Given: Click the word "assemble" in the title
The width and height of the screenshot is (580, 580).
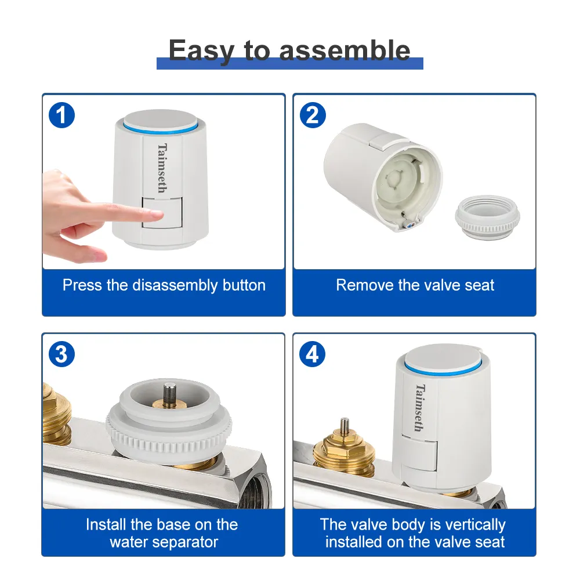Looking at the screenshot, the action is tap(345, 50).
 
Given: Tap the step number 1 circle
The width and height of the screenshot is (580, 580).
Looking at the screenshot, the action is tap(62, 115).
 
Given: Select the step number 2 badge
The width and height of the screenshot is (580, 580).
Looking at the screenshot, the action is tap(313, 115).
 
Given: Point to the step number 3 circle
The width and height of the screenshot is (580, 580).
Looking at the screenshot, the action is tap(62, 354).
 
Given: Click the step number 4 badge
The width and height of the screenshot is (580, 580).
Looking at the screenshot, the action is tap(313, 354).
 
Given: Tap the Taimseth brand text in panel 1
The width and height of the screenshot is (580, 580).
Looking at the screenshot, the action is tap(162, 168).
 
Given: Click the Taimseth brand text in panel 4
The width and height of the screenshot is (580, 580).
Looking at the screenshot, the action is tap(419, 408).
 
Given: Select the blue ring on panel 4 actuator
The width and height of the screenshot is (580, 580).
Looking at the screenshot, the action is tap(444, 368).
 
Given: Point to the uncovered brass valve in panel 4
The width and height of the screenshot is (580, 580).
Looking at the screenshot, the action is tap(344, 448).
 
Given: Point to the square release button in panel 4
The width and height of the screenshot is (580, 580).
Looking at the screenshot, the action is tap(419, 454).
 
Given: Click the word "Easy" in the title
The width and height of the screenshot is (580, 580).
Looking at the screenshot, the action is tap(202, 51).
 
